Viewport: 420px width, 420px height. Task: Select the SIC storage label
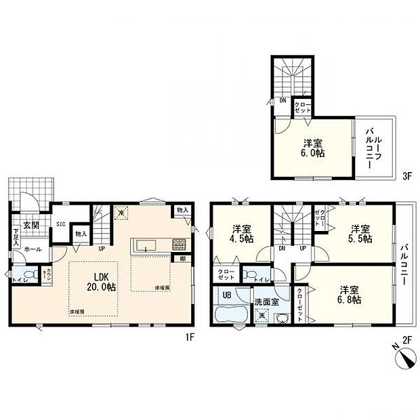[60, 224]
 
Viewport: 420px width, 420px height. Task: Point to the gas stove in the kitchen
[179, 244]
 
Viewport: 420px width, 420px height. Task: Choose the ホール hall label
[32, 249]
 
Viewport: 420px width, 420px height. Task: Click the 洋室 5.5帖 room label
[359, 233]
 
